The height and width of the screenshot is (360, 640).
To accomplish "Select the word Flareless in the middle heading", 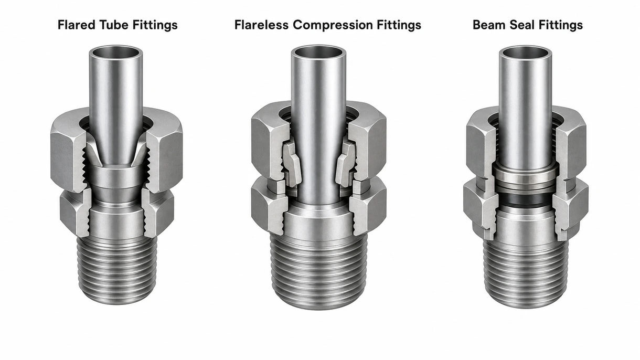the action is [261, 25].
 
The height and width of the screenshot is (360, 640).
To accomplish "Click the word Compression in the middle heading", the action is [333, 25].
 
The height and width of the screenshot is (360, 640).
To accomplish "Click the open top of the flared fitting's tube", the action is [116, 53].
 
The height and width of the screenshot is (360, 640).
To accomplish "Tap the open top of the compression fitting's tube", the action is [318, 52].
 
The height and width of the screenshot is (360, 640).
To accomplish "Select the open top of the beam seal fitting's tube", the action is [525, 53].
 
